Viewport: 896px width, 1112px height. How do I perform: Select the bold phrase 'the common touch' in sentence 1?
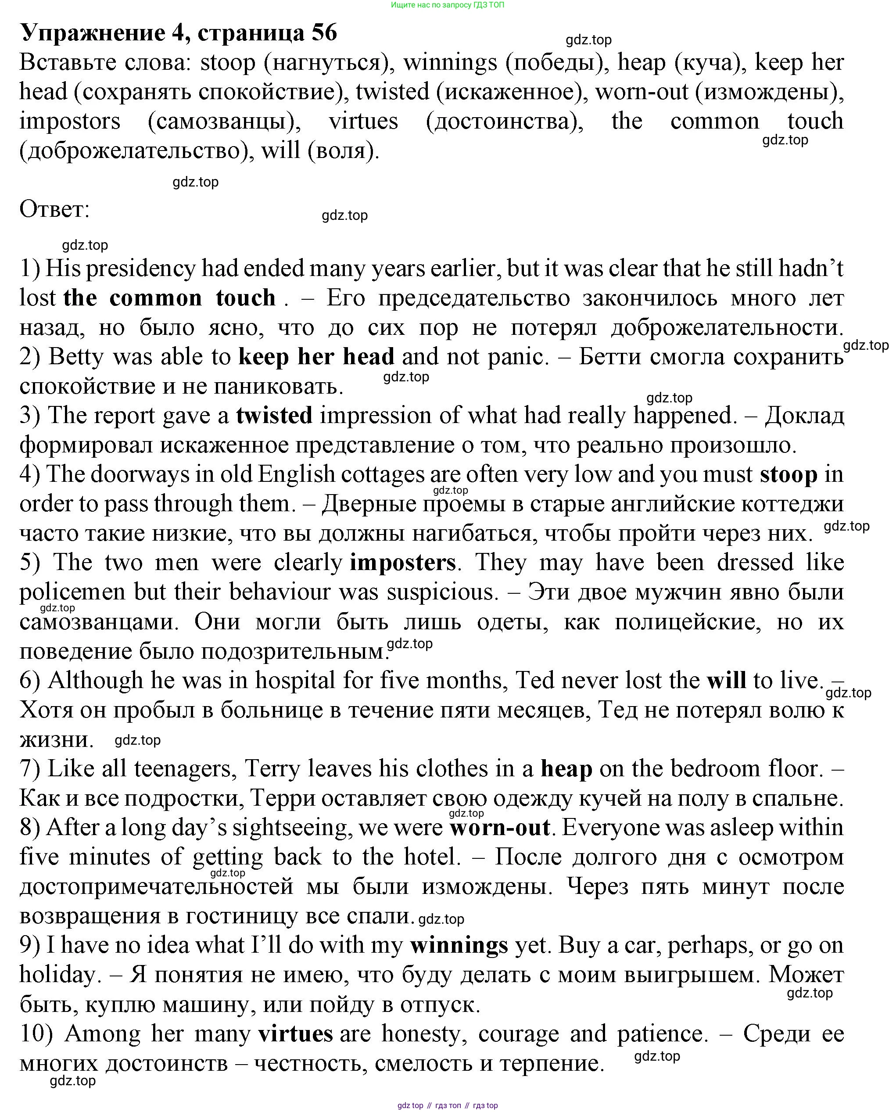(169, 298)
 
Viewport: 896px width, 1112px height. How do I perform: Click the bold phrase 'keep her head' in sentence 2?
(316, 357)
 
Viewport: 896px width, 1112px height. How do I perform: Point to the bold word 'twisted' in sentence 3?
(274, 416)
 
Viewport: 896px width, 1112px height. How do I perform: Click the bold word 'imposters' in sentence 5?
(402, 563)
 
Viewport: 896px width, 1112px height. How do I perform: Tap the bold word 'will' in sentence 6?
(726, 681)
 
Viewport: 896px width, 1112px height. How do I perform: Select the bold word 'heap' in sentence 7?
(566, 769)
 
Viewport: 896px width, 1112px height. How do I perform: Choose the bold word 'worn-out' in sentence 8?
(499, 828)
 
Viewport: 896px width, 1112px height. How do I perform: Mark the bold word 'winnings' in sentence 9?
(459, 945)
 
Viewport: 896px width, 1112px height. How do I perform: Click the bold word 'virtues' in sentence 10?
(295, 1034)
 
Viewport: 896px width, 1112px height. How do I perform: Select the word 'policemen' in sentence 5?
(72, 592)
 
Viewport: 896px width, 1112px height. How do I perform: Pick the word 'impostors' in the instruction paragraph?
(70, 121)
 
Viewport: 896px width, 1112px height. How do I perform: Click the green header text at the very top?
(448, 5)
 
